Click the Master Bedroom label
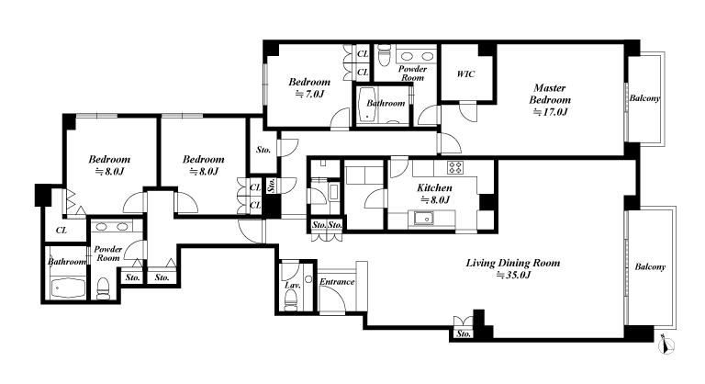click(x=550, y=94)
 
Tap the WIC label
click(x=465, y=73)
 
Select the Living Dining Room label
click(x=513, y=263)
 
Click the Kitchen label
click(x=434, y=187)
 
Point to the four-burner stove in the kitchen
click(x=455, y=167)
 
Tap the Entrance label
click(x=337, y=282)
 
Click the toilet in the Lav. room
click(x=291, y=299)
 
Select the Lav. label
click(x=292, y=286)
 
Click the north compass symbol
click(x=666, y=345)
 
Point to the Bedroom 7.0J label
click(x=309, y=88)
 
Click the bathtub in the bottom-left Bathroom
click(x=68, y=288)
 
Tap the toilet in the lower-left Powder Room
click(x=104, y=288)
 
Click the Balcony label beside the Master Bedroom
click(x=644, y=98)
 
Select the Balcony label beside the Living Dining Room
click(x=650, y=267)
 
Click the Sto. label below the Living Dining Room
click(x=464, y=334)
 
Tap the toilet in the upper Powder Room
click(x=384, y=55)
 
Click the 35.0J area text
click(x=513, y=275)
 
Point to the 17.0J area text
click(x=550, y=112)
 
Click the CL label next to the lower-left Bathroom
click(x=62, y=231)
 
